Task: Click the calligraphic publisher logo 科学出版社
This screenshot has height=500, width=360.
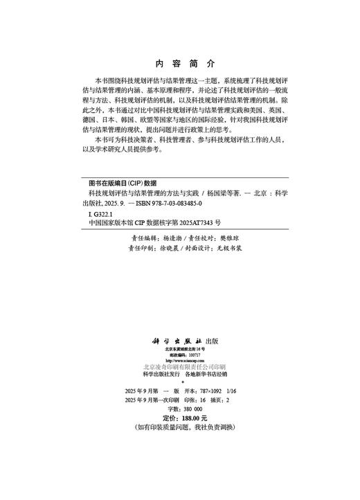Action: [178, 341]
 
